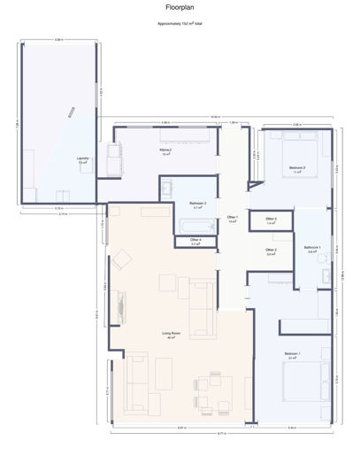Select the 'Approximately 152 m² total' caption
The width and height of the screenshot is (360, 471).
coord(180,26)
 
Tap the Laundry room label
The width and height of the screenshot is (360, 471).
coord(82,160)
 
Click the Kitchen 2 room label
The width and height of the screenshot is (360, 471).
coord(165,151)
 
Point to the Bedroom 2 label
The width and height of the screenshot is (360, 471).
coord(297,168)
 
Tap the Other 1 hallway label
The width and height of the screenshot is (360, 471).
coord(233,219)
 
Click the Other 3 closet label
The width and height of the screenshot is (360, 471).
coord(272,220)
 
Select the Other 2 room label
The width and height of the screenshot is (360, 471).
coord(272,251)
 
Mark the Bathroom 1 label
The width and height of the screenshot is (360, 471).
coord(312,249)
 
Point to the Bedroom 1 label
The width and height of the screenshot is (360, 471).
coord(293,355)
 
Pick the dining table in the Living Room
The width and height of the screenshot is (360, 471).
coord(213,389)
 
